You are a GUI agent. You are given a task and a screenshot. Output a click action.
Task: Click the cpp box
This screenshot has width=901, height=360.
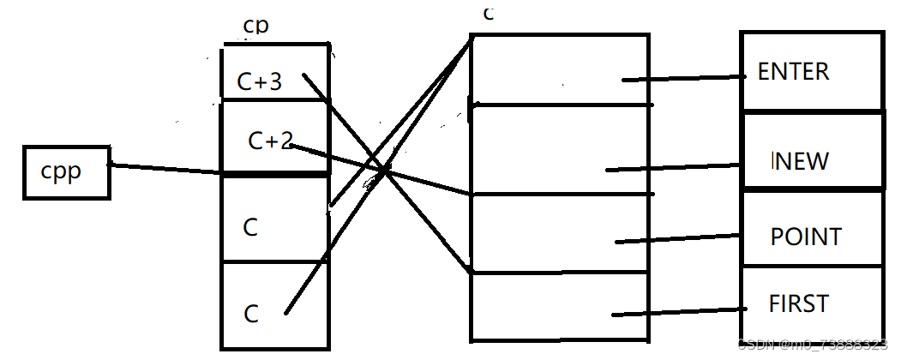[x=66, y=172]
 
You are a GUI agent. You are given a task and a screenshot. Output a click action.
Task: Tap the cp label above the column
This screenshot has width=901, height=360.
[x=255, y=26]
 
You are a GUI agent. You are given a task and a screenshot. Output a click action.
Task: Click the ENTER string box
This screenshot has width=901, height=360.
[x=811, y=72]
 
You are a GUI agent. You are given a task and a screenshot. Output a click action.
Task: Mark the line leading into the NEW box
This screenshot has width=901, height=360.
[x=674, y=167]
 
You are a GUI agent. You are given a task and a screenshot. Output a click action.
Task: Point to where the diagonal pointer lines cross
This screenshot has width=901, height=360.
[x=385, y=170]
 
